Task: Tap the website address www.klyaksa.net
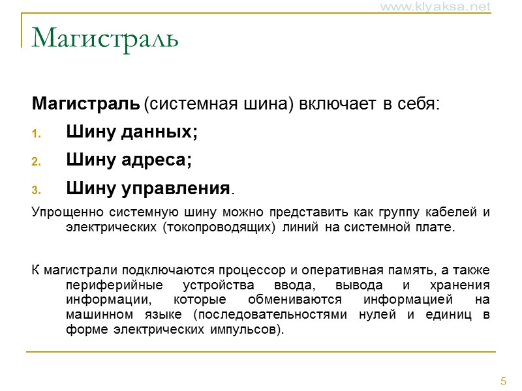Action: pos(444,7)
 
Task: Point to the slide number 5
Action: pos(503,381)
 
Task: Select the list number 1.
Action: pos(37,134)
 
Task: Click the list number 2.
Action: pos(37,162)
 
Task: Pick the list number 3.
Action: pos(37,190)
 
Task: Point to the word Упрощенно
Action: pos(62,213)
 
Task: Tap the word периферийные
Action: pos(111,285)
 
